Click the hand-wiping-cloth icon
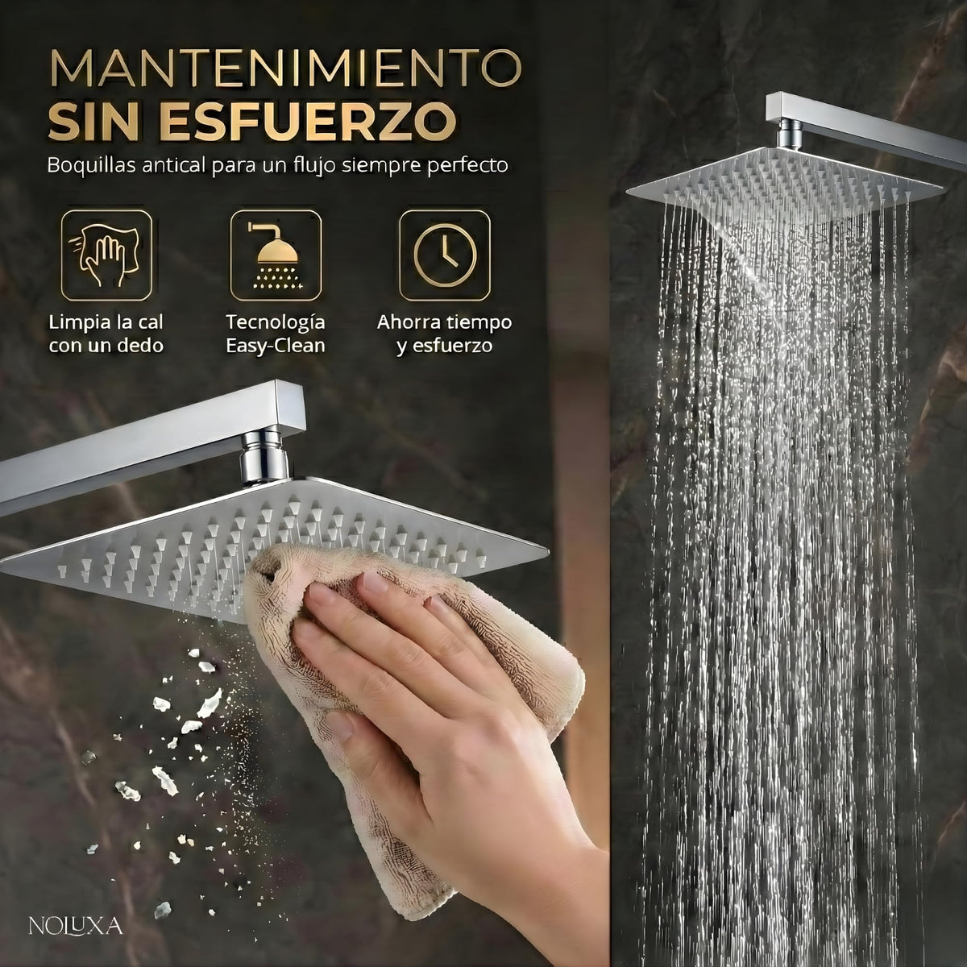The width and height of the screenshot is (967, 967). (x=106, y=255)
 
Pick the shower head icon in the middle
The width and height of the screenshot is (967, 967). (x=276, y=255)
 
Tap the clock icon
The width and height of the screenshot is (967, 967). (x=445, y=255)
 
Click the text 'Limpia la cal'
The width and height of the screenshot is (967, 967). (x=106, y=322)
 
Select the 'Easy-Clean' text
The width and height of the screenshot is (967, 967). (x=276, y=347)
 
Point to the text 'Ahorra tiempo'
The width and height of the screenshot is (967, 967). (x=444, y=322)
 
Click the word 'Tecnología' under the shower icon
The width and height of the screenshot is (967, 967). (x=276, y=322)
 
